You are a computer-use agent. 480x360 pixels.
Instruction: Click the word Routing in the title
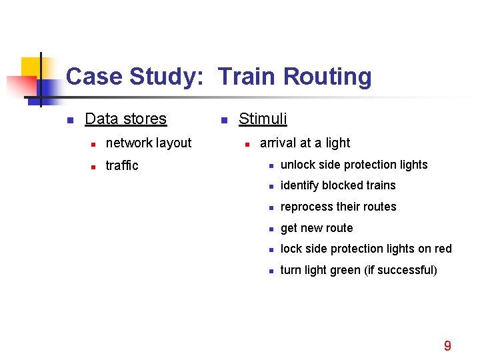pyautogui.click(x=327, y=77)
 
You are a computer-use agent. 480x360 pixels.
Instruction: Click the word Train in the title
pyautogui.click(x=247, y=77)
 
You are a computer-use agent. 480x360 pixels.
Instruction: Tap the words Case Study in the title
pyautogui.click(x=134, y=77)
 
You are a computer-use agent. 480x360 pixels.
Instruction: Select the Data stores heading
pyautogui.click(x=125, y=119)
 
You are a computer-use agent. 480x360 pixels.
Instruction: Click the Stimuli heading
pyautogui.click(x=263, y=119)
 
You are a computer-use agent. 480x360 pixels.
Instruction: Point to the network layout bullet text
pyautogui.click(x=149, y=143)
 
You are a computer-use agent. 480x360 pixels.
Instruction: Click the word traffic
pyautogui.click(x=122, y=165)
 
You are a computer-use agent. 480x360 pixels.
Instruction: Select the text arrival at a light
pyautogui.click(x=305, y=143)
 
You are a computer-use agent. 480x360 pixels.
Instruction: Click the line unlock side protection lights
pyautogui.click(x=354, y=165)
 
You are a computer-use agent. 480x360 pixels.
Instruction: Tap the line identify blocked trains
pyautogui.click(x=338, y=185)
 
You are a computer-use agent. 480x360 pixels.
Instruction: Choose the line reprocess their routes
pyautogui.click(x=338, y=207)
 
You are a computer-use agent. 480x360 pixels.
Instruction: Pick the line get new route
pyautogui.click(x=317, y=228)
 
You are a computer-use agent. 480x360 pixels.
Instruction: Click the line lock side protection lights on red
pyautogui.click(x=366, y=249)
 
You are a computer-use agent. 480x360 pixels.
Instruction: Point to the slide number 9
pyautogui.click(x=447, y=345)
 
